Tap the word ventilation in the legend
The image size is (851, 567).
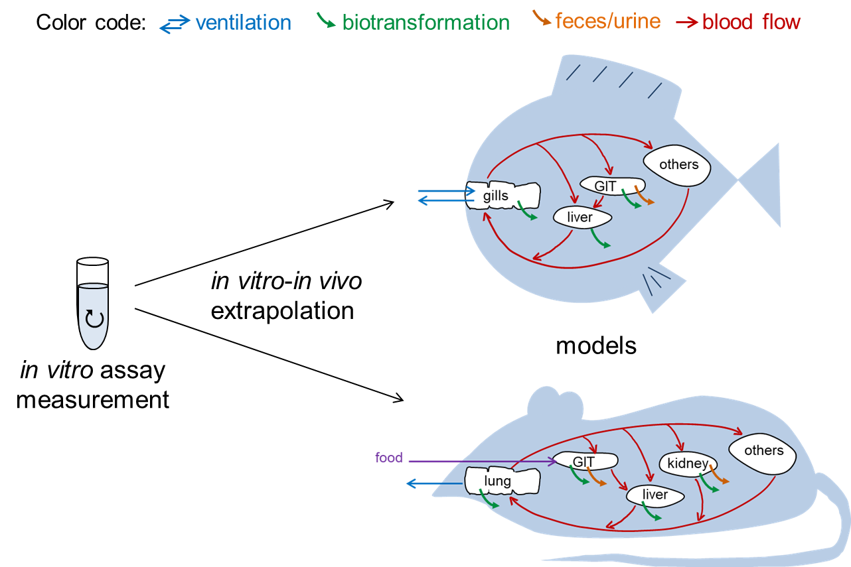click(x=243, y=23)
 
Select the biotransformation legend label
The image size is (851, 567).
click(x=425, y=23)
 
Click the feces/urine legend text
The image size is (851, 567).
click(x=608, y=21)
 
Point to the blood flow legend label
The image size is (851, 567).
click(x=751, y=22)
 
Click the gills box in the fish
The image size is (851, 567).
click(x=503, y=196)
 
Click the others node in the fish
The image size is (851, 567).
click(x=678, y=164)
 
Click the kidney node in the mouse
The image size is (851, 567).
click(x=688, y=463)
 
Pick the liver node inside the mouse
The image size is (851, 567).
click(x=655, y=495)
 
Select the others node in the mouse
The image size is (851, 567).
click(x=763, y=451)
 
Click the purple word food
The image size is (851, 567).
click(x=389, y=457)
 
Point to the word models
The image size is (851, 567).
click(x=595, y=345)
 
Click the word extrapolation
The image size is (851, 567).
click(x=282, y=310)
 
